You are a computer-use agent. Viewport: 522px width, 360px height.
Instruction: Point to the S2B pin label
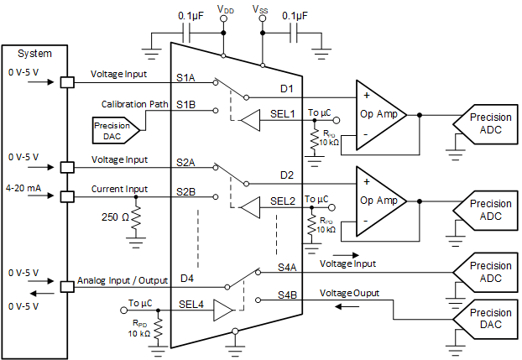pyautogui.click(x=185, y=191)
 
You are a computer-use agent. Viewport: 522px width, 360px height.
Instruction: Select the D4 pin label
pyautogui.click(x=187, y=277)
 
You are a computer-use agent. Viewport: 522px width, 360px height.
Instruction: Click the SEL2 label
pyautogui.click(x=282, y=201)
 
